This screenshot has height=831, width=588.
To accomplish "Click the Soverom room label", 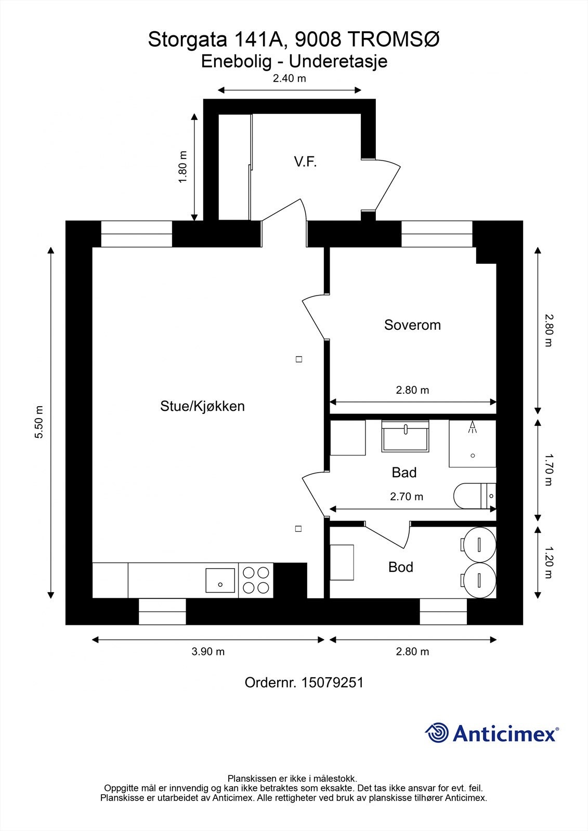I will pyautogui.click(x=412, y=325).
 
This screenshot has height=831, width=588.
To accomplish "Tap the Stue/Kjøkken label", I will pyautogui.click(x=202, y=406).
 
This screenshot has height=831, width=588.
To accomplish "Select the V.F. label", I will pyautogui.click(x=305, y=162).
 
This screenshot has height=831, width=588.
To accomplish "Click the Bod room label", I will pyautogui.click(x=401, y=567).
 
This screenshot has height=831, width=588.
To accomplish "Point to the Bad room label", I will pyautogui.click(x=404, y=473).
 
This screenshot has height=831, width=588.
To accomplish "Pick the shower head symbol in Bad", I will pyautogui.click(x=473, y=427).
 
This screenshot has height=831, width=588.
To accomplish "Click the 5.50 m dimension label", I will pyautogui.click(x=39, y=422).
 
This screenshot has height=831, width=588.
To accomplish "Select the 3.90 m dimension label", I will pyautogui.click(x=208, y=652).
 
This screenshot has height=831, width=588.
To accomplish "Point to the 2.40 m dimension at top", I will pyautogui.click(x=290, y=79).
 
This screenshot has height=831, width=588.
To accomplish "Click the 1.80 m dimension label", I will pyautogui.click(x=182, y=167).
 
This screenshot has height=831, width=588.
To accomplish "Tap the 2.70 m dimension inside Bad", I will pyautogui.click(x=407, y=497).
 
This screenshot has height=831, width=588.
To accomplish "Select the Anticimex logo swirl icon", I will pyautogui.click(x=437, y=733).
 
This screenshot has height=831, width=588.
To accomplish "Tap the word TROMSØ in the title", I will pyautogui.click(x=393, y=40).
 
